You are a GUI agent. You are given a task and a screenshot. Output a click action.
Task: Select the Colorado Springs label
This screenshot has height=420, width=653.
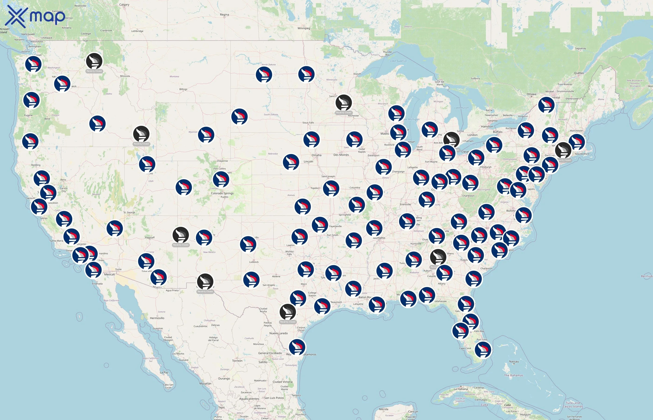point(222,193)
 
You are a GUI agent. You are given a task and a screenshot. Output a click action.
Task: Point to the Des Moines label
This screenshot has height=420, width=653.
point(341,155)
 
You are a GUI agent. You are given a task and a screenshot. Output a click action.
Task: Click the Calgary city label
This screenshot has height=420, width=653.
point(124,5)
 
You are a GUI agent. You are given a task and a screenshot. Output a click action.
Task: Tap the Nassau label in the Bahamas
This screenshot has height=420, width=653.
point(514,362)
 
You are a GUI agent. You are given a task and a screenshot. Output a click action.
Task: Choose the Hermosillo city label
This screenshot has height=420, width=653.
point(157,318)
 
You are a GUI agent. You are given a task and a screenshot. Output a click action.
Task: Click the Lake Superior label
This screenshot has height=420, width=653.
point(399,61)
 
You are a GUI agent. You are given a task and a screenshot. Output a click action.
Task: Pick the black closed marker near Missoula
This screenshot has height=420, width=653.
point(94,61)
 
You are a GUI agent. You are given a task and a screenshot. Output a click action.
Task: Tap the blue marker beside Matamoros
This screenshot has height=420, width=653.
point(297,347)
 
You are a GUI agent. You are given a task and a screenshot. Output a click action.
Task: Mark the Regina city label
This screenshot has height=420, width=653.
point(224,15)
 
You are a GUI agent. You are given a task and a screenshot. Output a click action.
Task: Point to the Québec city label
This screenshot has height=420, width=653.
point(579,73)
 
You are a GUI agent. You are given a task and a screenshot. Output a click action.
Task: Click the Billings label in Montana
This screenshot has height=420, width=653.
point(183,89)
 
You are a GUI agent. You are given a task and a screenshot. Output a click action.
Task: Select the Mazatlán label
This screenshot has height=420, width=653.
point(205,383)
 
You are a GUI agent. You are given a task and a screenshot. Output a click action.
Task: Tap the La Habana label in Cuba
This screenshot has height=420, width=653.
point(461,389)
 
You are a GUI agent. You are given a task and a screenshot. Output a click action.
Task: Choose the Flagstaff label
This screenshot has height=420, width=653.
point(150,238)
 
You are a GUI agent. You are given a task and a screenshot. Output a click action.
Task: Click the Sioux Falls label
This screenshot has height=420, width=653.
point(308,123)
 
